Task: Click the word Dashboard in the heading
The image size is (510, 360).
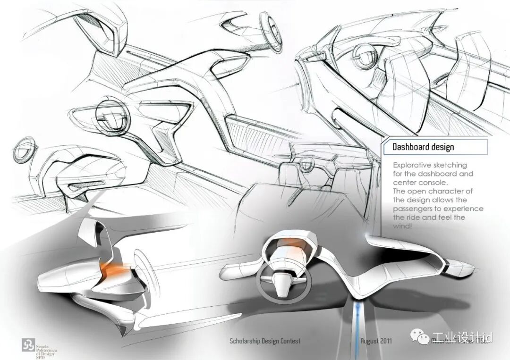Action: tap(410, 147)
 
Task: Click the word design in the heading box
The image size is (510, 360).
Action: tap(442, 147)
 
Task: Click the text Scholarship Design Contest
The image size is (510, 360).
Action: tap(264, 341)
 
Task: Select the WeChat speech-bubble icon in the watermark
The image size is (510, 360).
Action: tap(419, 336)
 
